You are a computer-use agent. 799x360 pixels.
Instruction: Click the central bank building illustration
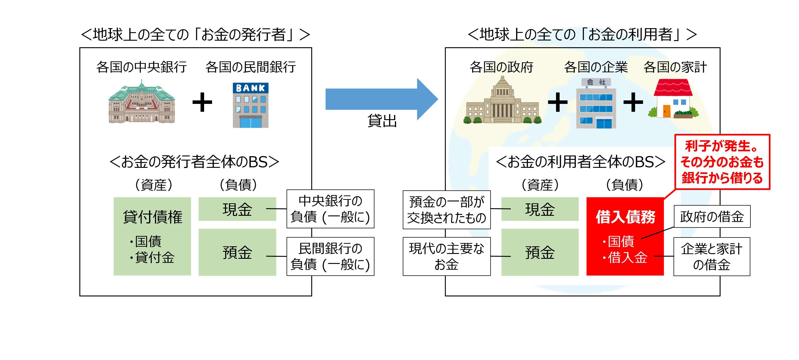142,102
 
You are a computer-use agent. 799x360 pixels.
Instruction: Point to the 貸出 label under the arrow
382,121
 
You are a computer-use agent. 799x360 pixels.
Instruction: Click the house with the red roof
673,99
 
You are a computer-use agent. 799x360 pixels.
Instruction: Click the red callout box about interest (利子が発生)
722,162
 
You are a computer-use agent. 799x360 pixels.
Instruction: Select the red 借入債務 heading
625,217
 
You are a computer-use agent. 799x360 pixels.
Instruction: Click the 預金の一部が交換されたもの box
446,210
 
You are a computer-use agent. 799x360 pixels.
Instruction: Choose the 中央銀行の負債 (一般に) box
330,209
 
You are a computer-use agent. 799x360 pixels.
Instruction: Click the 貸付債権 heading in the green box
152,217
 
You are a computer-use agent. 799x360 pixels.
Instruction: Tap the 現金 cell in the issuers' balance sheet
237,209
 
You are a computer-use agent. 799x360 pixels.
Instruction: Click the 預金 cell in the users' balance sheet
540,252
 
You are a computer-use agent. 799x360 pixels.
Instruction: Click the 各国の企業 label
596,67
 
